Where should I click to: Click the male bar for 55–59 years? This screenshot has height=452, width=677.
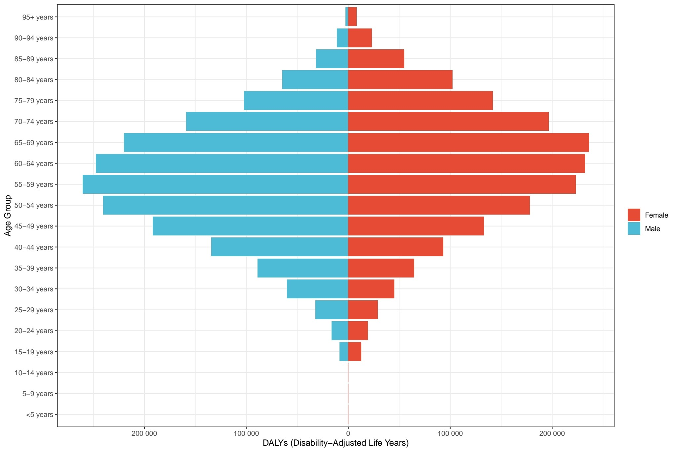pyautogui.click(x=215, y=184)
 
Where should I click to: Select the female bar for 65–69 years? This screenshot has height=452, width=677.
pyautogui.click(x=468, y=142)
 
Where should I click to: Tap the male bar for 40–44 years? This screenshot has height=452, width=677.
pyautogui.click(x=280, y=247)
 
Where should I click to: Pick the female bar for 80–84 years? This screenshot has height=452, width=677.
pyautogui.click(x=400, y=79)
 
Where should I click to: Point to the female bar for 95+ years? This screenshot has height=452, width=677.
pyautogui.click(x=352, y=17)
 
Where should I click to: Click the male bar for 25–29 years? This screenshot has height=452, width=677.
pyautogui.click(x=332, y=310)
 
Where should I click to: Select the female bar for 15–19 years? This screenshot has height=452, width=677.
pyautogui.click(x=355, y=351)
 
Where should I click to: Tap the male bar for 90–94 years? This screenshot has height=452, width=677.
pyautogui.click(x=342, y=38)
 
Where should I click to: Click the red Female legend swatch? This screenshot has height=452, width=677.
pyautogui.click(x=634, y=215)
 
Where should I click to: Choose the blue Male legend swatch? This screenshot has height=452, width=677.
pyautogui.click(x=634, y=228)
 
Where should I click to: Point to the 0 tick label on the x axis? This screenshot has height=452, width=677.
pyautogui.click(x=348, y=434)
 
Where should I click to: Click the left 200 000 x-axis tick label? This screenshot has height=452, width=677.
pyautogui.click(x=144, y=434)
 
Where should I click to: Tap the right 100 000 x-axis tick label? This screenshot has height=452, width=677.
pyautogui.click(x=450, y=434)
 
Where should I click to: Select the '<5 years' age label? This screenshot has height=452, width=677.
pyautogui.click(x=39, y=415)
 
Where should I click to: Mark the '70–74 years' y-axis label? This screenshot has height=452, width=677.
pyautogui.click(x=34, y=122)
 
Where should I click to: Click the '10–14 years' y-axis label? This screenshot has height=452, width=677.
pyautogui.click(x=34, y=373)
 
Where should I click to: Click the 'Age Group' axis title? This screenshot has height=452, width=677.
pyautogui.click(x=8, y=216)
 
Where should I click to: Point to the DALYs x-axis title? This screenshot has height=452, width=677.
pyautogui.click(x=336, y=443)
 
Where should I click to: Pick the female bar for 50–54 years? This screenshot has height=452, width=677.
pyautogui.click(x=439, y=205)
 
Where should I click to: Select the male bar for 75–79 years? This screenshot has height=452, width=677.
pyautogui.click(x=296, y=100)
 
